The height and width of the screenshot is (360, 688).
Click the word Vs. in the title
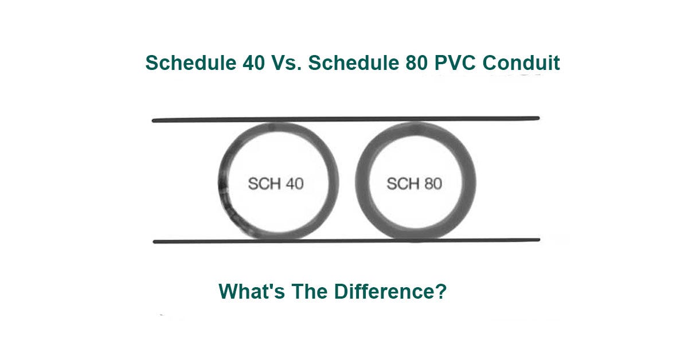(x=287, y=63)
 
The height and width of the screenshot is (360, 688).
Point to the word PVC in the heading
(x=452, y=63)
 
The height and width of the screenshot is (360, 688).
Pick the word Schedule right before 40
(x=189, y=63)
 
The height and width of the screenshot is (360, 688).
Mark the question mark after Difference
(x=441, y=292)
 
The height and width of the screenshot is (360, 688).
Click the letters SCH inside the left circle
(x=263, y=184)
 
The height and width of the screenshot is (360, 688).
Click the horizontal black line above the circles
(x=344, y=119)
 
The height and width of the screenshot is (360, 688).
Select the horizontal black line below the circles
(x=344, y=241)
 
